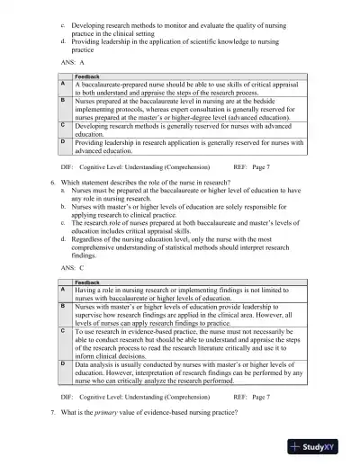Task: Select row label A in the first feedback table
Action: pyautogui.click(x=62, y=84)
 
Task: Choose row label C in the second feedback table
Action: pyautogui.click(x=62, y=330)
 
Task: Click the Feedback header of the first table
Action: pyautogui.click(x=86, y=77)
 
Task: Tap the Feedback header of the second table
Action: pyautogui.click(x=86, y=282)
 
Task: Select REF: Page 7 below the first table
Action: pyautogui.click(x=251, y=167)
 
